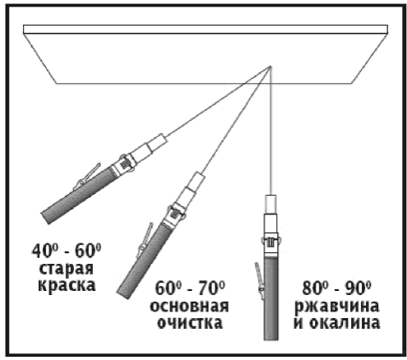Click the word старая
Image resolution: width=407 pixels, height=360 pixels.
(67, 270)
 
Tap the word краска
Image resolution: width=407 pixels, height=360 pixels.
(67, 285)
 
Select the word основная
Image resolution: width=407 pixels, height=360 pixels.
(189, 306)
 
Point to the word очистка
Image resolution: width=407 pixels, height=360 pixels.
(190, 322)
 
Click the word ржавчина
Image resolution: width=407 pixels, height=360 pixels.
(337, 307)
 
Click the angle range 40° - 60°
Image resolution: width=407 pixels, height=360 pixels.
(67, 251)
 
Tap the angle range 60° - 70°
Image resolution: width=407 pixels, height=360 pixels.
(190, 288)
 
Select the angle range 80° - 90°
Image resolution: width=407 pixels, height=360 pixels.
(337, 288)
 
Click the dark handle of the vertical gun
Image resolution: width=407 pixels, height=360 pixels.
(271, 299)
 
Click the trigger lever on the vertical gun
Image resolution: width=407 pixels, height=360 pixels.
(259, 278)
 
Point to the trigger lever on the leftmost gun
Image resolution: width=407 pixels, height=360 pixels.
(86, 177)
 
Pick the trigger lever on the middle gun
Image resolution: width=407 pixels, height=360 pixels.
(144, 241)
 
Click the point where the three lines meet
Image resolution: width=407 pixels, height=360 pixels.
(271, 67)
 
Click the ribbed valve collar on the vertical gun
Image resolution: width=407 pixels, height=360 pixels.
(271, 242)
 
